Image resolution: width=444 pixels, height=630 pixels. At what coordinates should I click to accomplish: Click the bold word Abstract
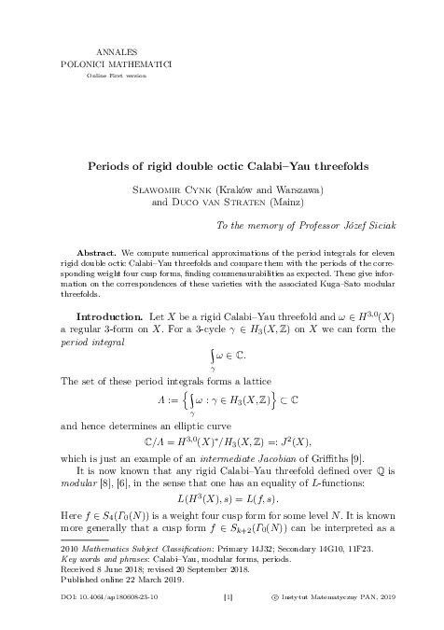pyautogui.click(x=95, y=253)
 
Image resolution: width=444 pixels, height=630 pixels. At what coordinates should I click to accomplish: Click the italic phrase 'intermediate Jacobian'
pyautogui.click(x=280, y=455)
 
